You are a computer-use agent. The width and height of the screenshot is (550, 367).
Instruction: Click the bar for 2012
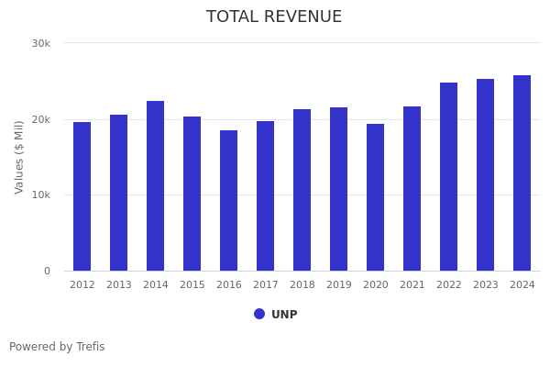click(82, 196)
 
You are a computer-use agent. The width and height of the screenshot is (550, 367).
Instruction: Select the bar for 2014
click(156, 186)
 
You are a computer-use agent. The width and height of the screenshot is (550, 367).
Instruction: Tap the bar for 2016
click(229, 201)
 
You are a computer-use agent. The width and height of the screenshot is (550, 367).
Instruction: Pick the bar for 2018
click(302, 190)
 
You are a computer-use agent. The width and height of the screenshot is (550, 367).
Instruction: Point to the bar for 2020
click(376, 197)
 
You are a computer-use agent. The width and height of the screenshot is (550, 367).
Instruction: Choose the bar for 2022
click(449, 177)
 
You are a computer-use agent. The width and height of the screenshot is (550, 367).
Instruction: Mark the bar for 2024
click(522, 173)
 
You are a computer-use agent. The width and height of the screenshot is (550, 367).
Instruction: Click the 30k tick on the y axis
click(41, 43)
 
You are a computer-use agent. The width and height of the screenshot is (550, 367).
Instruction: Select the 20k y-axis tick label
click(41, 119)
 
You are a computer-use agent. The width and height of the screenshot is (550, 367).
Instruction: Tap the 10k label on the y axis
click(41, 195)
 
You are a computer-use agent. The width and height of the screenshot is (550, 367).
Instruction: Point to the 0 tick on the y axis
click(47, 271)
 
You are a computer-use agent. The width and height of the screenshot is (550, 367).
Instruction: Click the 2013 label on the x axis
click(119, 285)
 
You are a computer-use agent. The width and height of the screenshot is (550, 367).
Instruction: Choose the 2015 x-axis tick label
click(192, 285)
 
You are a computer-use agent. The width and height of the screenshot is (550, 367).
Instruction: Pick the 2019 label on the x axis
click(339, 285)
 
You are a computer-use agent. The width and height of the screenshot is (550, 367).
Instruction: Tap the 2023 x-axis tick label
click(486, 285)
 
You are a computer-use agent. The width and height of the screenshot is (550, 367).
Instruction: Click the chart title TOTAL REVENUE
click(274, 17)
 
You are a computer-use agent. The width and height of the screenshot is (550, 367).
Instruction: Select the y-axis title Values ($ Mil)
click(19, 157)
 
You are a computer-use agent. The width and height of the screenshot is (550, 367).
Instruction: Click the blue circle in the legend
click(259, 314)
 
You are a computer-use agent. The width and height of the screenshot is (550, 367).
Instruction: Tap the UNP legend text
click(284, 315)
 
